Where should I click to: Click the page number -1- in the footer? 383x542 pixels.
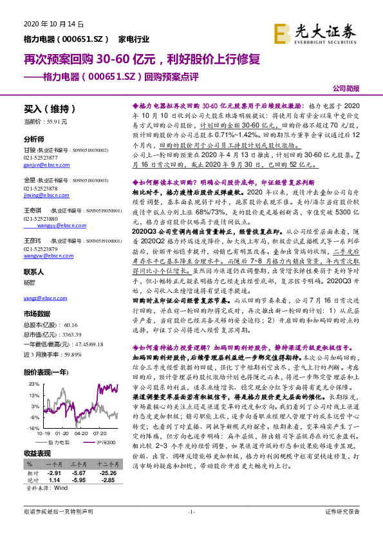[x=191, y=529]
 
